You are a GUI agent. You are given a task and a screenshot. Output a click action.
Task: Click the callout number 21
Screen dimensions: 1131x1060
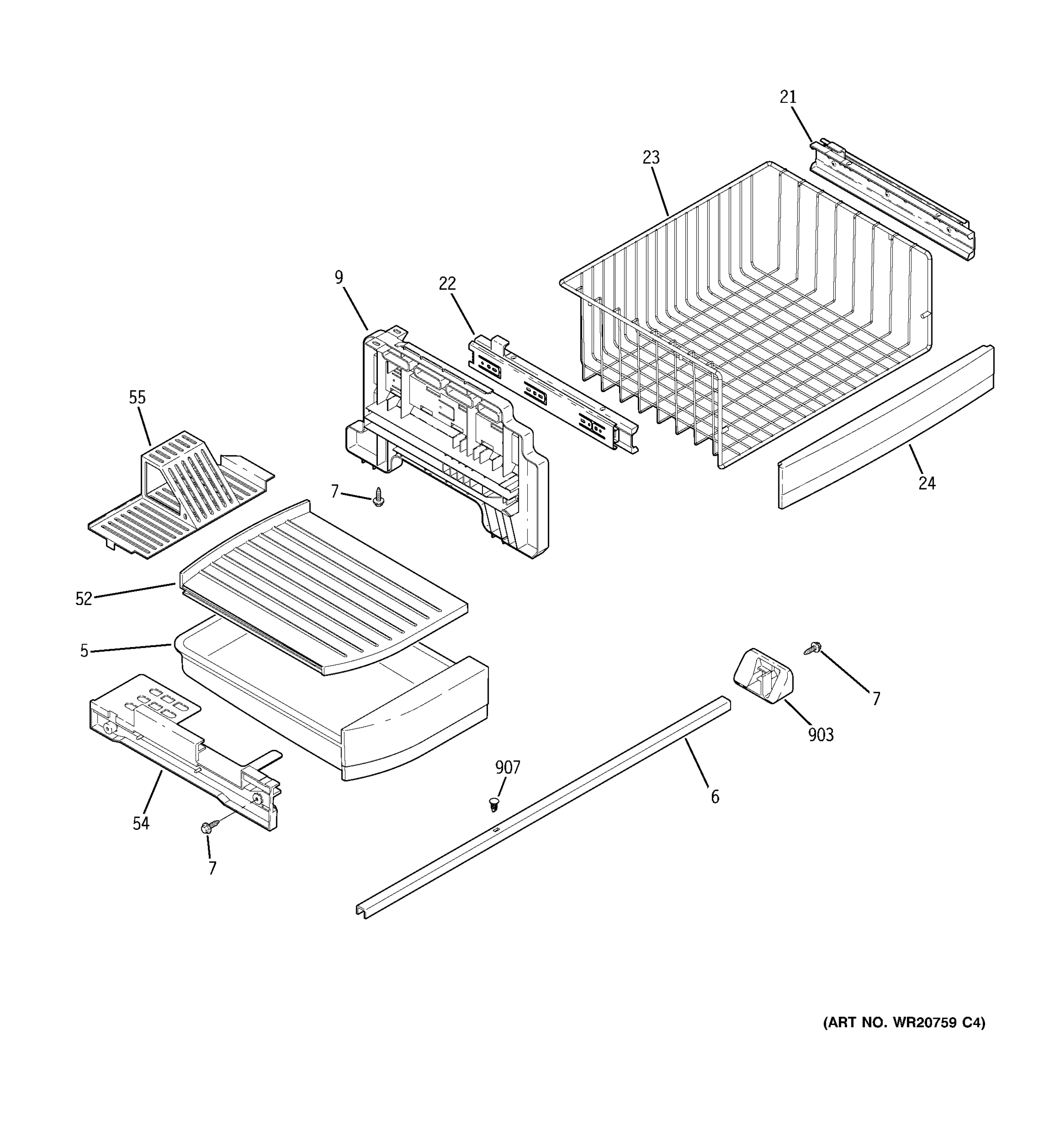pyautogui.click(x=788, y=97)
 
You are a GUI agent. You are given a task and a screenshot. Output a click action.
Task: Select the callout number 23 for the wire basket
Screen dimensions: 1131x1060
pyautogui.click(x=651, y=157)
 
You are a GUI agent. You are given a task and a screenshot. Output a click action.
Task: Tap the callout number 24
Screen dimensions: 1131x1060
pyautogui.click(x=926, y=483)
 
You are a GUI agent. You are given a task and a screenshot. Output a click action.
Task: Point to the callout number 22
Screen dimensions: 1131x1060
pyautogui.click(x=448, y=283)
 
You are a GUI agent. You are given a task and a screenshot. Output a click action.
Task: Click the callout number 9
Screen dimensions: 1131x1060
pyautogui.click(x=339, y=278)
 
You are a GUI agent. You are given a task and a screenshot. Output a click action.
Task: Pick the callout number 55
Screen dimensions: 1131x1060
pyautogui.click(x=137, y=397)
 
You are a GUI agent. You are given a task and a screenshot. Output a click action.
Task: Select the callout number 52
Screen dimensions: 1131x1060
pyautogui.click(x=83, y=598)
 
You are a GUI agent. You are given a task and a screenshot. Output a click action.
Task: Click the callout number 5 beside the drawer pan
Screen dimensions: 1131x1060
pyautogui.click(x=84, y=651)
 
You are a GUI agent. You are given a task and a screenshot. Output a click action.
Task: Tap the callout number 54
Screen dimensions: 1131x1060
pyautogui.click(x=140, y=823)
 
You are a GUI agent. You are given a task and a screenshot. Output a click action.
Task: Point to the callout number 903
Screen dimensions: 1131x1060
pyautogui.click(x=821, y=735)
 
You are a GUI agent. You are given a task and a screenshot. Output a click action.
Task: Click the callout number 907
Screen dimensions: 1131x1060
pyautogui.click(x=507, y=768)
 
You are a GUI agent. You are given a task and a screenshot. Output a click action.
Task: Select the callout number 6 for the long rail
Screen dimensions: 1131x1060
pyautogui.click(x=715, y=797)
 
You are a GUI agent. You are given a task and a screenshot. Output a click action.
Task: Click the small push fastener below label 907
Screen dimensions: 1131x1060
pyautogui.click(x=494, y=804)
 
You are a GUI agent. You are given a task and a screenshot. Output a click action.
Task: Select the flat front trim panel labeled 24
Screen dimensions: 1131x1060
pyautogui.click(x=885, y=428)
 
